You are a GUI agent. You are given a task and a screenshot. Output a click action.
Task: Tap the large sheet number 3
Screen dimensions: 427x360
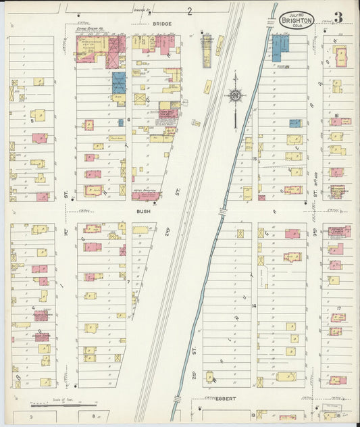point(337,17)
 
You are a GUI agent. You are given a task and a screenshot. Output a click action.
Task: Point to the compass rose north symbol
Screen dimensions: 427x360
point(234,96)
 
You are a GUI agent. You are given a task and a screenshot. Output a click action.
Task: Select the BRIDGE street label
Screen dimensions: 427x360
point(161,24)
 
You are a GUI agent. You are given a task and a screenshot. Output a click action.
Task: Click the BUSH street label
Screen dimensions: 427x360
point(143,211)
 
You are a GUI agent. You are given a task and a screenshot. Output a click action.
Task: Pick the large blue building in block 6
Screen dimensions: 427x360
point(119,83)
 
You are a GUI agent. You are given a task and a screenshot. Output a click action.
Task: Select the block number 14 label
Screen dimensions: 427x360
point(255,305)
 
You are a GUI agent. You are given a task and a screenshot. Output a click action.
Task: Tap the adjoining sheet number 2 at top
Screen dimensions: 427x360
point(190,11)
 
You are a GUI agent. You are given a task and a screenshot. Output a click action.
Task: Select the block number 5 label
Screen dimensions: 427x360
point(32,121)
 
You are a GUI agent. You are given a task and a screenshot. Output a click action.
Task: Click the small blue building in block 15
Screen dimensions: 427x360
point(294,123)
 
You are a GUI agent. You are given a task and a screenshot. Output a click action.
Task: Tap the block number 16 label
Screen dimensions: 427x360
point(336,116)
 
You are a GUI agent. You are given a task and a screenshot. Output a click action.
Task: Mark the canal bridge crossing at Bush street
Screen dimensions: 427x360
point(222,211)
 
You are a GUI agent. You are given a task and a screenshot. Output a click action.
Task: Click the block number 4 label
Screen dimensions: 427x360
point(32,308)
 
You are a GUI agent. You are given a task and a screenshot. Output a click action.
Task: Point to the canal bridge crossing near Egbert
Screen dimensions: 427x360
point(178,399)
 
